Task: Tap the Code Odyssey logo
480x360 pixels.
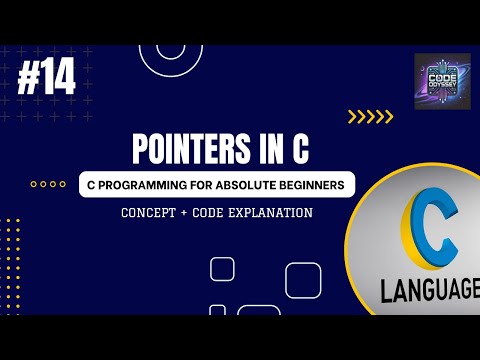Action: pos(442,81)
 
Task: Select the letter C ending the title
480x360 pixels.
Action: pos(298,149)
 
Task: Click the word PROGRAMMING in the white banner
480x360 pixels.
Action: pos(143,185)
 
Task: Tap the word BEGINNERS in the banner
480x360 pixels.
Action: pos(312,185)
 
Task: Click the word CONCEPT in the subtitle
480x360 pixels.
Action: pos(151,212)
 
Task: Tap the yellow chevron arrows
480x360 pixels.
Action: pos(370,117)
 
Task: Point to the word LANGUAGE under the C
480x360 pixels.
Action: pos(430,291)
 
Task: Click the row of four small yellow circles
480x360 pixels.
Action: pos(48,184)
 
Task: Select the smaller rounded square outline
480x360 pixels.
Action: pos(222,268)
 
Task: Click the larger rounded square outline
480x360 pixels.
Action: pos(302,278)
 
